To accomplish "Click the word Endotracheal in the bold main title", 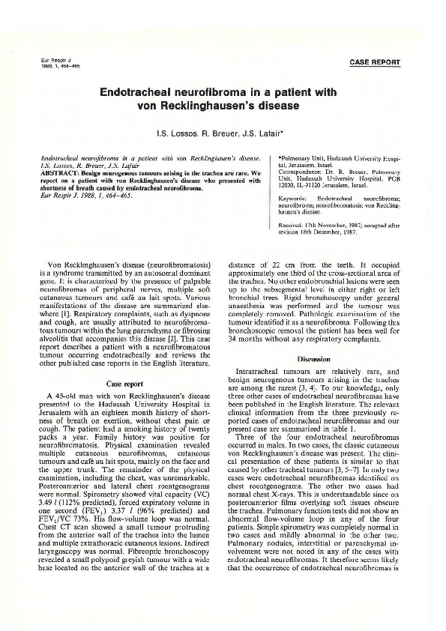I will pyautogui.click(x=142, y=91).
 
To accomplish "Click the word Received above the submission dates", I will pyautogui.click(x=292, y=229).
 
